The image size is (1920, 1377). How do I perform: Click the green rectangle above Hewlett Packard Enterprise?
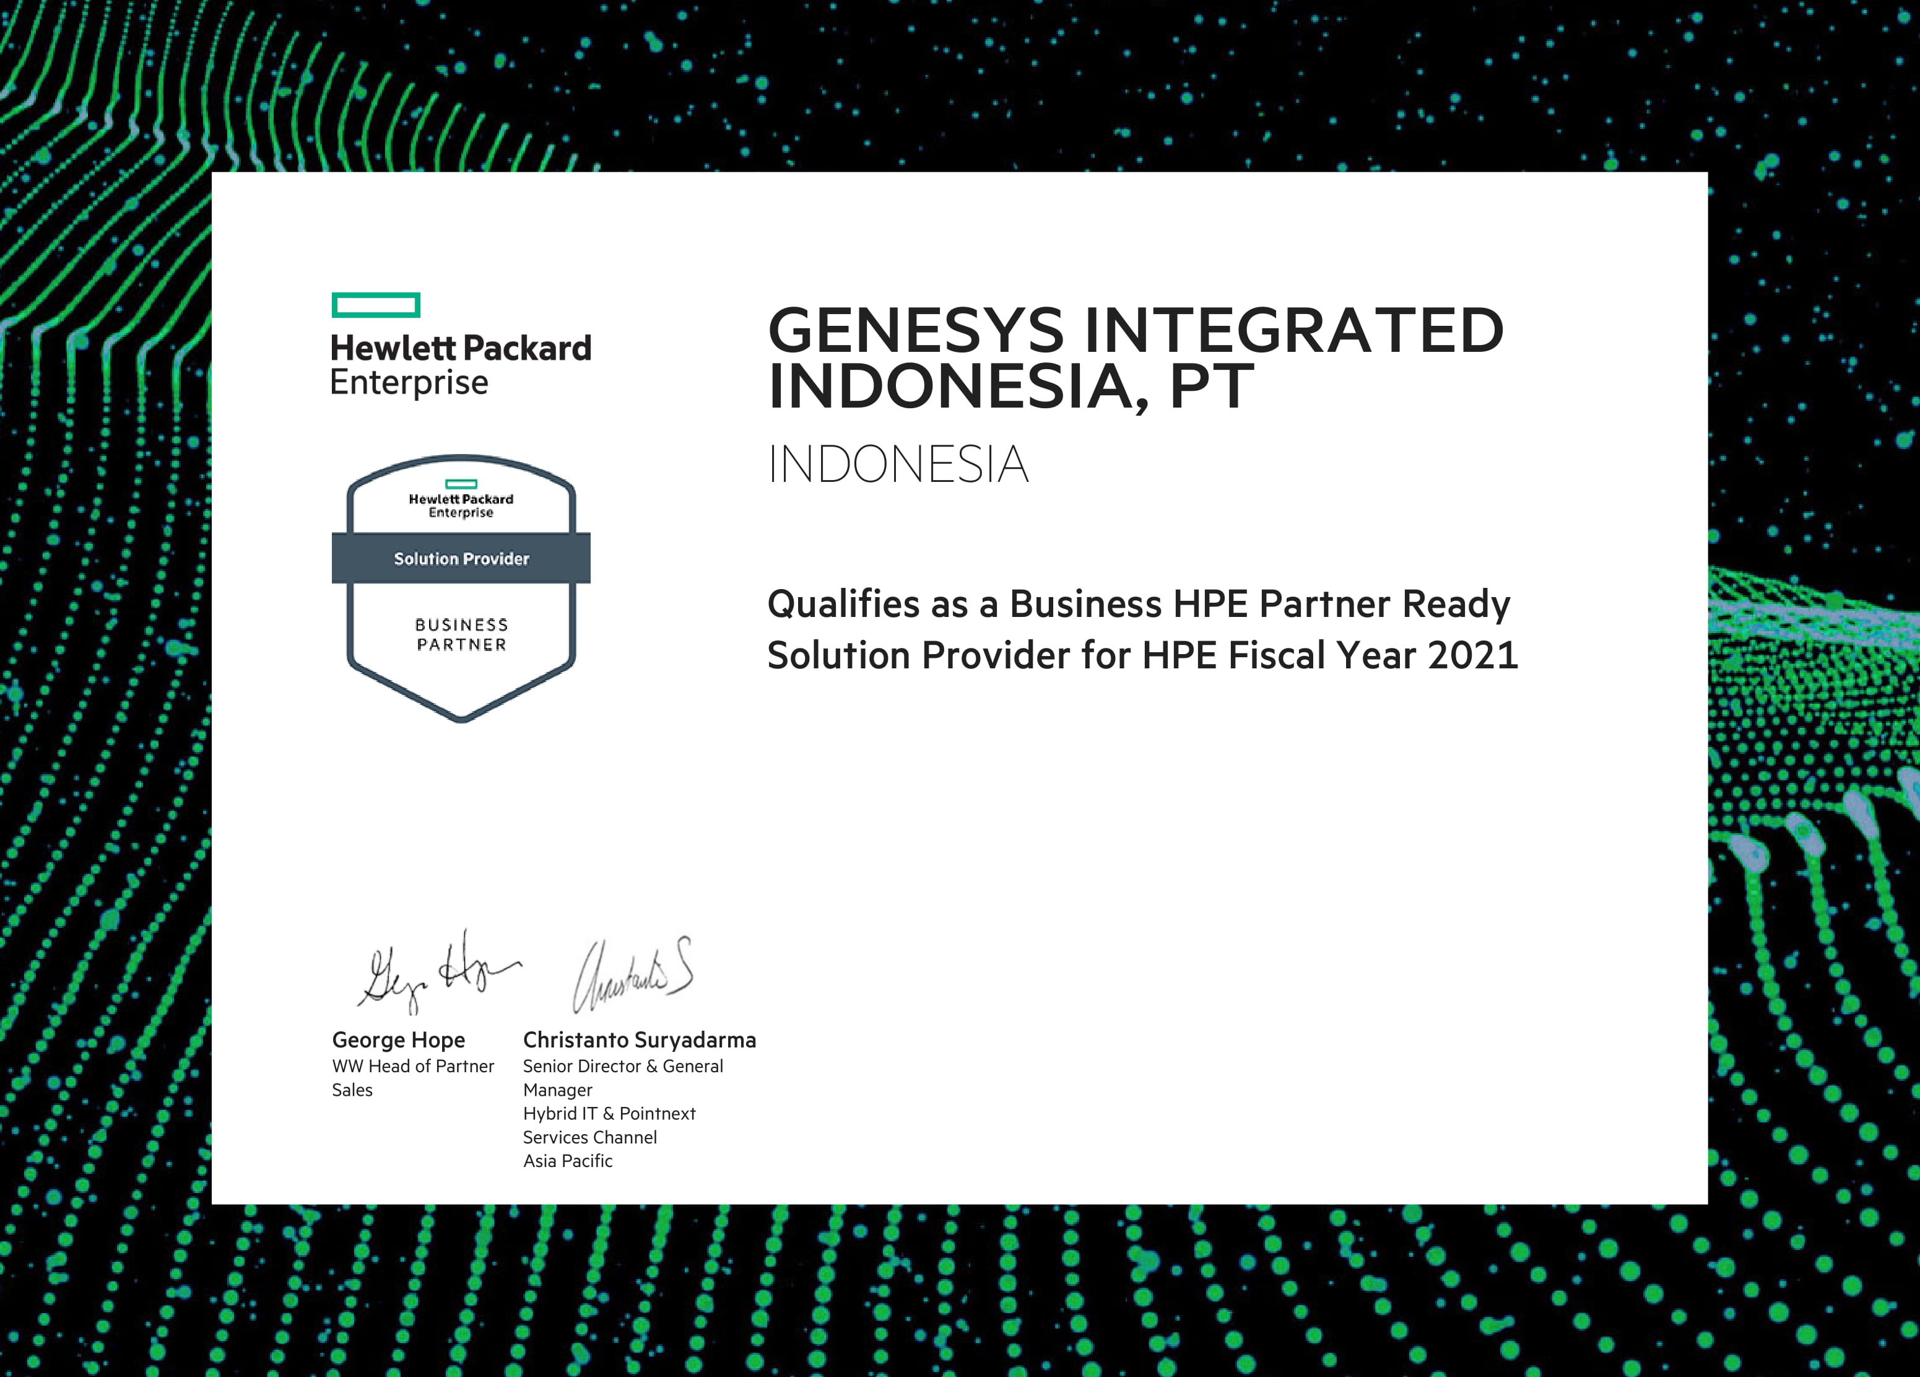point(376,305)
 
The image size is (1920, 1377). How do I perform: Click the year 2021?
point(1473,655)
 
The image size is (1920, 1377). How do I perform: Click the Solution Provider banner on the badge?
point(461,558)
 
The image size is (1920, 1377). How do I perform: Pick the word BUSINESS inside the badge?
point(461,625)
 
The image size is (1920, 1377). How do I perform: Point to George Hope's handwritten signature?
point(438,971)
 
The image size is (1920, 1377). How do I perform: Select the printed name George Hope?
point(398,1040)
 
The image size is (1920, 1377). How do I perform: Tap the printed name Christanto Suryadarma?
point(639,1040)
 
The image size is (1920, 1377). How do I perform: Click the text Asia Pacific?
point(567,1161)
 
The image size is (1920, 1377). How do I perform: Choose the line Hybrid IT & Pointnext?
point(609,1114)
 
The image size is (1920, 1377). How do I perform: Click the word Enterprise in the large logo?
point(409,383)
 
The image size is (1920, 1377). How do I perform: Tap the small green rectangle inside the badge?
point(461,484)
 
